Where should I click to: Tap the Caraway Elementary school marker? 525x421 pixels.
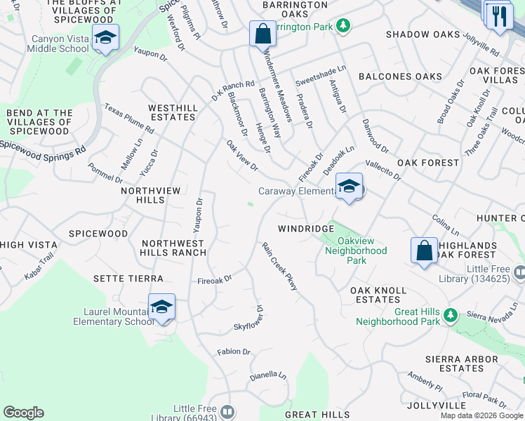point(349,187)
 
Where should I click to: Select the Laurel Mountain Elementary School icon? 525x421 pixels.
point(161,307)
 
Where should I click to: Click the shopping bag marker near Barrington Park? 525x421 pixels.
point(262,33)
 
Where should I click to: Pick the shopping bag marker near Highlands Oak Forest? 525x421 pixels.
point(424,250)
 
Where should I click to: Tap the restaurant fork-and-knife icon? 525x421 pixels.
point(500,15)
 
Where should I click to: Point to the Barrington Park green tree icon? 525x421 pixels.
point(342,26)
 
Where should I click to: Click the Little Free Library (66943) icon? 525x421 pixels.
point(227,411)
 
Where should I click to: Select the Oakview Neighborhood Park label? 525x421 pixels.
point(357,250)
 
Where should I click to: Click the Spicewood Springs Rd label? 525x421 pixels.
point(42,145)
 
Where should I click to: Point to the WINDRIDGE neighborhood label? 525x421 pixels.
point(305,229)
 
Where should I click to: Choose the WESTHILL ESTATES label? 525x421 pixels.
point(171,112)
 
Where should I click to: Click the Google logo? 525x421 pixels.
point(23,413)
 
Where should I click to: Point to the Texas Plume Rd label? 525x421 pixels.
point(129,119)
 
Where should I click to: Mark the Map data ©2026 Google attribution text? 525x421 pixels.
point(481,415)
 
